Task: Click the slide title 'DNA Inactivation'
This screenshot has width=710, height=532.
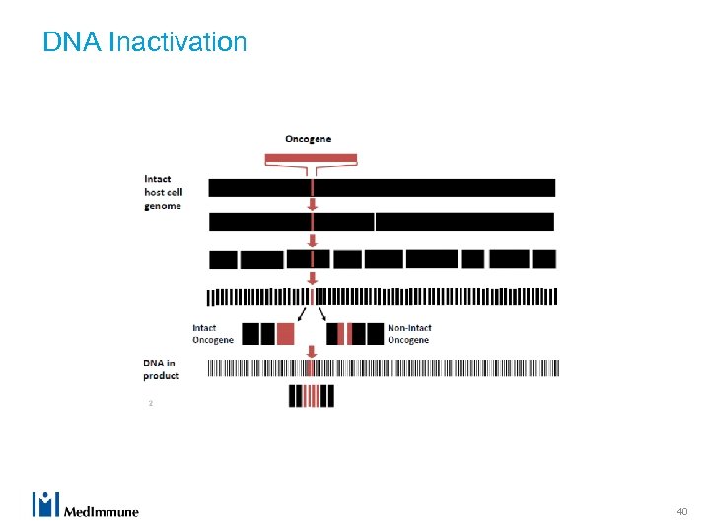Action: pos(145,42)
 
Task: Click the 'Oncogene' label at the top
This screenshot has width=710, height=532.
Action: pos(309,139)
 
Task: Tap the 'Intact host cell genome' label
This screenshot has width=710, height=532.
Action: pos(163,192)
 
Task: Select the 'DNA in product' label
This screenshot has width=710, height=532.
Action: pos(161,369)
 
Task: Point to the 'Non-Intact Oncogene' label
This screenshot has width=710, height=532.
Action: pos(409,334)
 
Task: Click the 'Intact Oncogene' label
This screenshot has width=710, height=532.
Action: pos(213,334)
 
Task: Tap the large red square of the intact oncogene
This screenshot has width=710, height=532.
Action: pos(285,334)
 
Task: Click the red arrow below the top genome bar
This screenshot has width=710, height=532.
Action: pos(313,204)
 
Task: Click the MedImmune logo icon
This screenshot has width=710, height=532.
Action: pos(46,503)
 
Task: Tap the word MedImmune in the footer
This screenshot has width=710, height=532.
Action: pos(102,511)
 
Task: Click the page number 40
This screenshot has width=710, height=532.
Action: pos(681,511)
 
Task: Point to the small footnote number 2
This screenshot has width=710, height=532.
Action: pos(150,403)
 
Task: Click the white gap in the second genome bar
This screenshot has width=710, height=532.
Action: pos(375,222)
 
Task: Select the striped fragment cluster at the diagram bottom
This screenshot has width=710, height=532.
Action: pos(312,396)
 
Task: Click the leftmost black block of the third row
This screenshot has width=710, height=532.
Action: pos(224,260)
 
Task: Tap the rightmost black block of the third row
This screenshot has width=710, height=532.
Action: pos(544,259)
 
